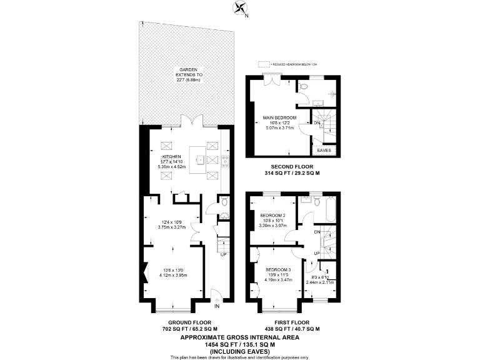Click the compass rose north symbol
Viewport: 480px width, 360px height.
(239, 7)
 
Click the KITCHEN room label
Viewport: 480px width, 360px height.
(172, 156)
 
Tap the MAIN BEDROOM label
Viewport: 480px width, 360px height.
(279, 117)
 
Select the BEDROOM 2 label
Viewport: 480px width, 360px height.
(272, 215)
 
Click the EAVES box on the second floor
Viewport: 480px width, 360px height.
(324, 150)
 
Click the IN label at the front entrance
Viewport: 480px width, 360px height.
(217, 306)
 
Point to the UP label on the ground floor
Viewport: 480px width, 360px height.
(223, 254)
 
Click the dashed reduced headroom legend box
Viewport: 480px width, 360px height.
(264, 64)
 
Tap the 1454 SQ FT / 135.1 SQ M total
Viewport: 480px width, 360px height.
(240, 343)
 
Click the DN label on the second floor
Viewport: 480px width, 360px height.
(317, 123)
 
